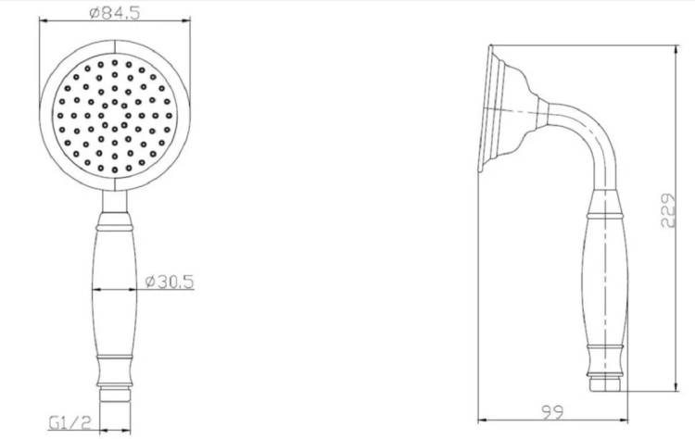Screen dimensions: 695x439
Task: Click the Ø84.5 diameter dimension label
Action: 114,13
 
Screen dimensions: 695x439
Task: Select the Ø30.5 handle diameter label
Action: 170,282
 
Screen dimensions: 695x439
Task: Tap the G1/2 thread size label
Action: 69,422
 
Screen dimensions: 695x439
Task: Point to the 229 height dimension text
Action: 668,210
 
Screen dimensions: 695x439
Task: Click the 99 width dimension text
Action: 552,412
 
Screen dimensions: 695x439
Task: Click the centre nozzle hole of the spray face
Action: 115,115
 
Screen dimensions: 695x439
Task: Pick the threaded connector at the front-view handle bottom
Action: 115,395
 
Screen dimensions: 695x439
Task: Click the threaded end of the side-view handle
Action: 606,383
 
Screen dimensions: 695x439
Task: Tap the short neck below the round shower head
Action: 115,202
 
